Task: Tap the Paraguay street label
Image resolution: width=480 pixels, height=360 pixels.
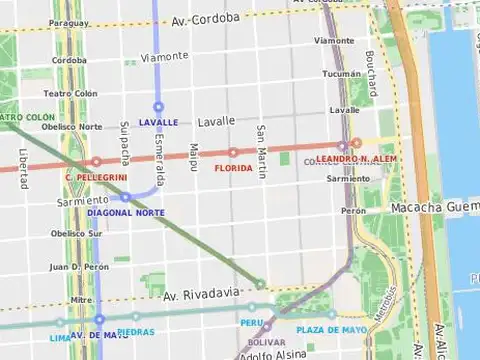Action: [x=68, y=22]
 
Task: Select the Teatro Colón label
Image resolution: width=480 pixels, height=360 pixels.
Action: [x=71, y=93]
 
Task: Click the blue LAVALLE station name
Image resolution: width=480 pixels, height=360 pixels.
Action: [x=159, y=122]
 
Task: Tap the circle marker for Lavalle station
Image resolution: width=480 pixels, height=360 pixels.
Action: [x=158, y=106]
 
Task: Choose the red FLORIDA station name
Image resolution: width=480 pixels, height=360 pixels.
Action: [x=233, y=168]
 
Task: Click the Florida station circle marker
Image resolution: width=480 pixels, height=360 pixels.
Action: [x=233, y=153]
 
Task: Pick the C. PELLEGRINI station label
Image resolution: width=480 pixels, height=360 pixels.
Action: [x=96, y=177]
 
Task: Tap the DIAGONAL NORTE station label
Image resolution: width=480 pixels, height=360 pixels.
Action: [x=126, y=212]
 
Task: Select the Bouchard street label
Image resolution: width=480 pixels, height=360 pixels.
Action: [x=370, y=75]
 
